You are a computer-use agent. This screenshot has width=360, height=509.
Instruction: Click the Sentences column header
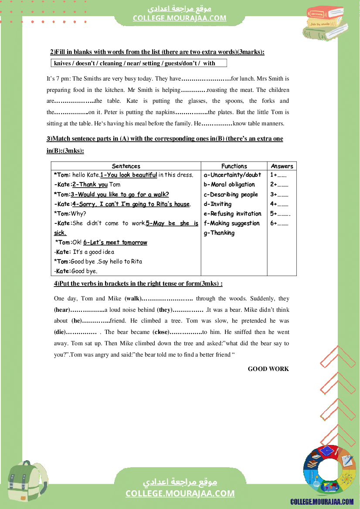(x=126, y=166)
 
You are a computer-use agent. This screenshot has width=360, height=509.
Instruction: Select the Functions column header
(x=234, y=166)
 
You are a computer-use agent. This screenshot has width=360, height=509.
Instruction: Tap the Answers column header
(x=282, y=166)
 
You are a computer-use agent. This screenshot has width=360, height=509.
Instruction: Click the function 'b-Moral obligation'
(x=229, y=185)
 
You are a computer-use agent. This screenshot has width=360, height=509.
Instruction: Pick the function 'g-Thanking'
(x=219, y=233)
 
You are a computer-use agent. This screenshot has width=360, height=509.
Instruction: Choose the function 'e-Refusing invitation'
(x=232, y=214)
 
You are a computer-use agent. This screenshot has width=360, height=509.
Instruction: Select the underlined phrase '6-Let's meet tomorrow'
(x=115, y=243)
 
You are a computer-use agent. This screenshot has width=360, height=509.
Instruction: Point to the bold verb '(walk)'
(x=133, y=299)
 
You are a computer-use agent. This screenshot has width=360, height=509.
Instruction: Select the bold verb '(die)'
(x=60, y=332)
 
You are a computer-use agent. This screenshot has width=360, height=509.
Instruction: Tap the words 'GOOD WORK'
(x=268, y=369)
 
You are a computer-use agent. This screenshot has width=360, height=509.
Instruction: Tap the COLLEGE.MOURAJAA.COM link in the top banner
(x=180, y=18)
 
